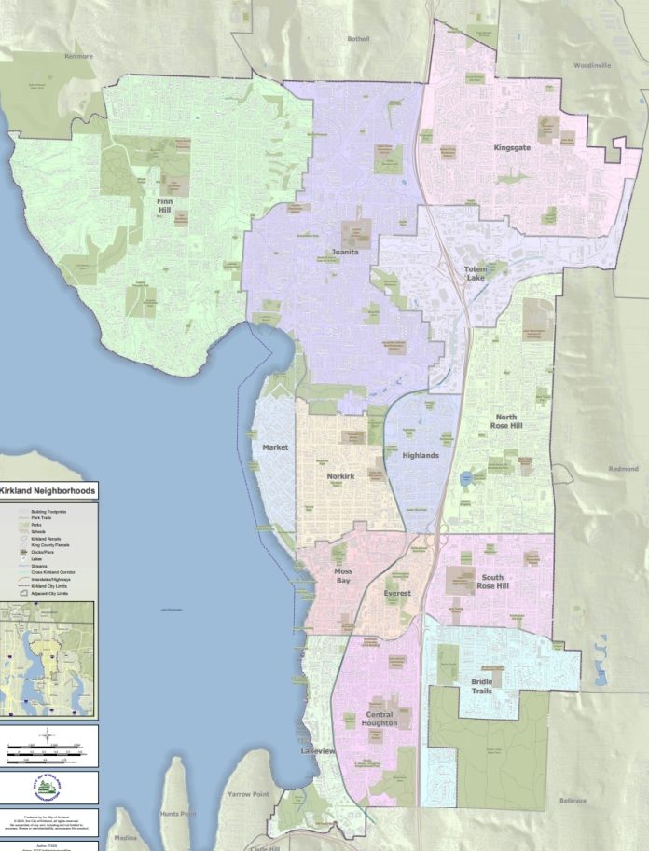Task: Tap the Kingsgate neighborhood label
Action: pos(517,147)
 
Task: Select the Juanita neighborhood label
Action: pos(346,253)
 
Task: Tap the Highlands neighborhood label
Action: pos(421,455)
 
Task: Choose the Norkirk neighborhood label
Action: pos(340,476)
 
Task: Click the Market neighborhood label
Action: pos(275,447)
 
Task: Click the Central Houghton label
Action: pos(380,718)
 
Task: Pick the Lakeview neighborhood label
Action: pos(318,750)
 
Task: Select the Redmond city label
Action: pos(623,469)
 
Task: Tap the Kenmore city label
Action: pos(77,56)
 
